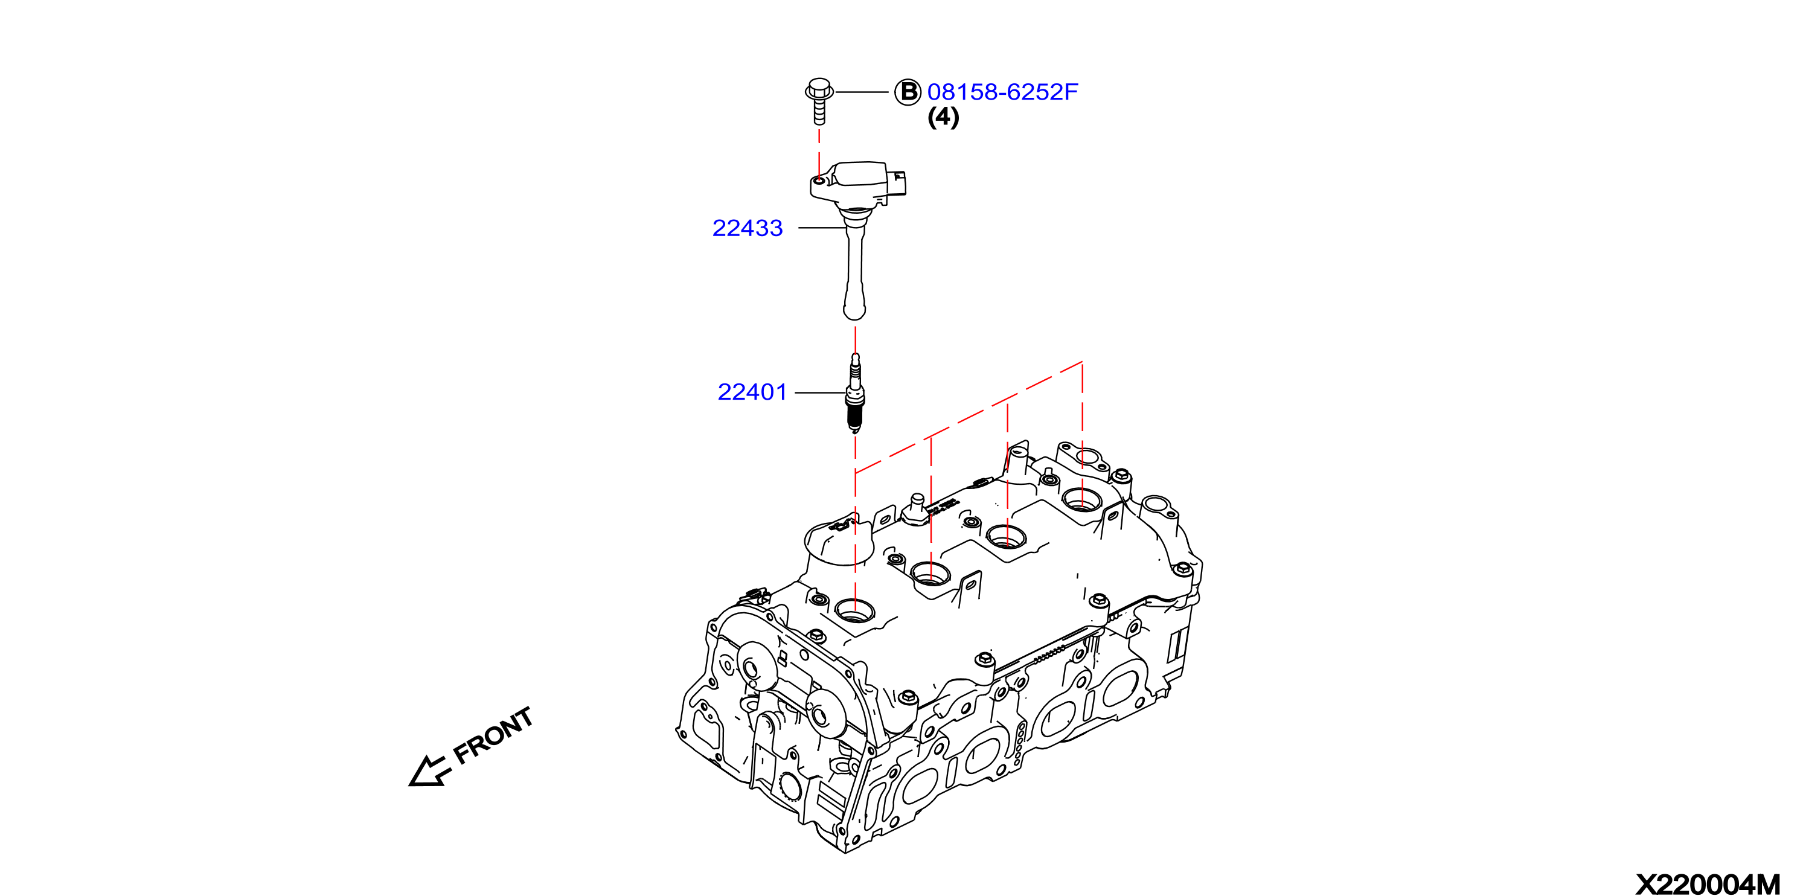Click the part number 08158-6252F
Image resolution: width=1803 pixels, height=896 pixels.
[1002, 92]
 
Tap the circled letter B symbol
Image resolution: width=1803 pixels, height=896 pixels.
[908, 92]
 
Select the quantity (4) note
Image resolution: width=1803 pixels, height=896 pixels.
[943, 117]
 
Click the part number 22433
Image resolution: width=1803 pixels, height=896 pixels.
[748, 228]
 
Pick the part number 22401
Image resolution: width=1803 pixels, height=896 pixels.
[752, 392]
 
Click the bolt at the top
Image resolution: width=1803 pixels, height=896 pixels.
[819, 101]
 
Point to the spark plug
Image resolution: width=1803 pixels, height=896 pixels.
[854, 392]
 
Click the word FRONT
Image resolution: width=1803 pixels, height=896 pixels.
[494, 735]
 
